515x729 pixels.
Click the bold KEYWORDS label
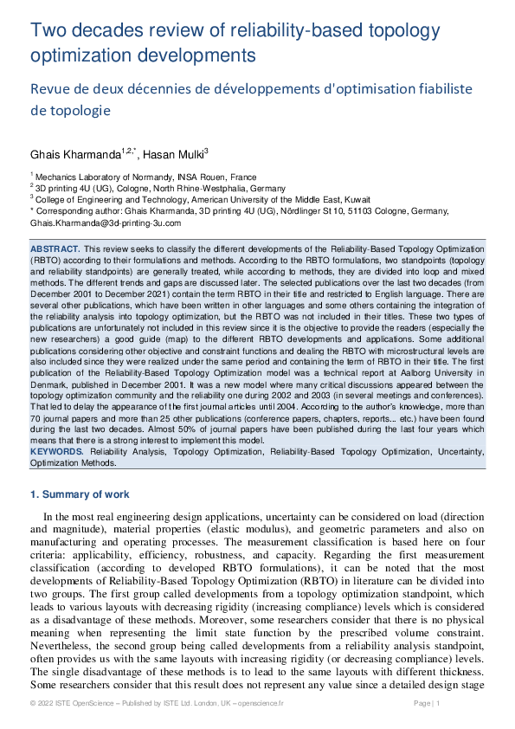tap(57, 452)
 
